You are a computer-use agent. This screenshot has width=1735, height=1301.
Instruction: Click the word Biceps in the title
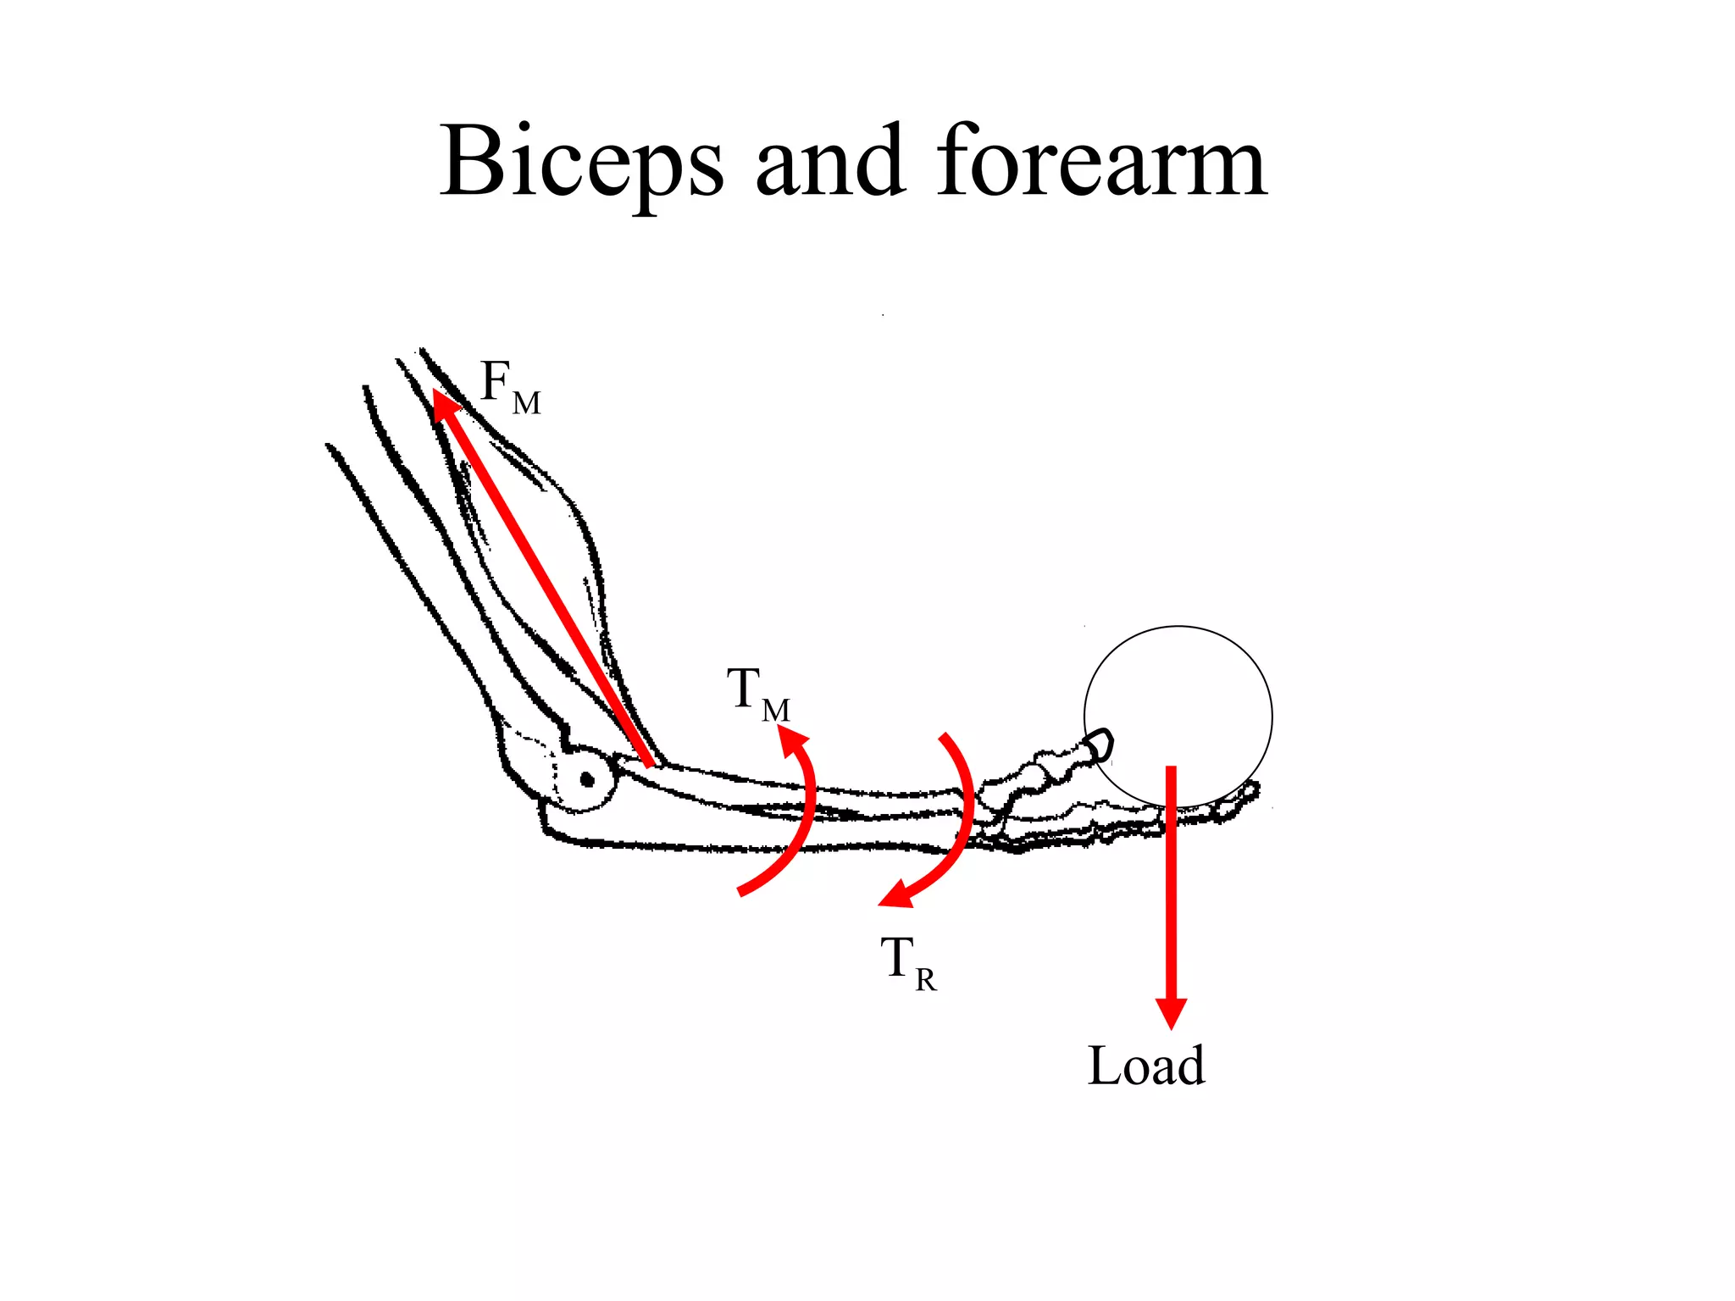tap(581, 163)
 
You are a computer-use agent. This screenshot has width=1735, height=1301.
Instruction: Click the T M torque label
tap(757, 693)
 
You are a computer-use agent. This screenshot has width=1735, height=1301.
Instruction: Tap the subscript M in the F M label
tap(527, 403)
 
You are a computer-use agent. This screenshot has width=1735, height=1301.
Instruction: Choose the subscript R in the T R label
tap(926, 980)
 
